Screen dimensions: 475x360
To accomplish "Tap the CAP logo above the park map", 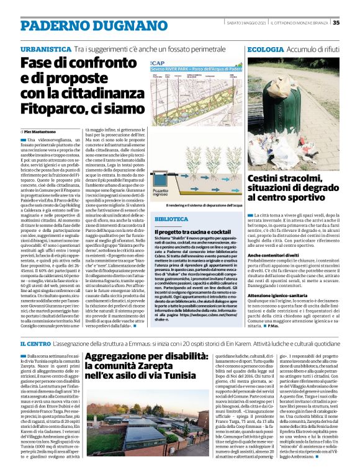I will tap(158, 62).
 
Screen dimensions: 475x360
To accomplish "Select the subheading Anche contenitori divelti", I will tap(274, 255).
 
